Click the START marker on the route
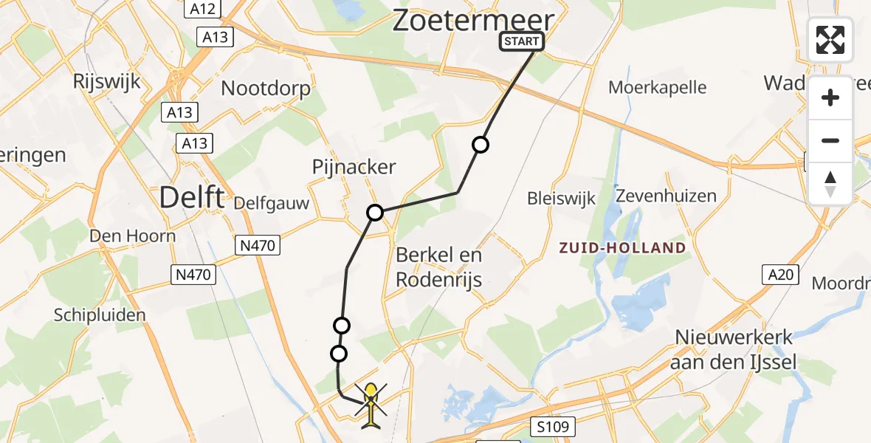click(x=522, y=41)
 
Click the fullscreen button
click(x=830, y=40)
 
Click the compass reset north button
click(x=830, y=184)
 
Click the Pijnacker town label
click(x=354, y=167)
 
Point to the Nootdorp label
click(x=266, y=88)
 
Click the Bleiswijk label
click(x=561, y=198)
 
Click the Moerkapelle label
click(x=657, y=87)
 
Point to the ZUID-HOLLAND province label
click(x=622, y=247)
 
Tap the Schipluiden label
click(x=100, y=315)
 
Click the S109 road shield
click(x=551, y=426)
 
